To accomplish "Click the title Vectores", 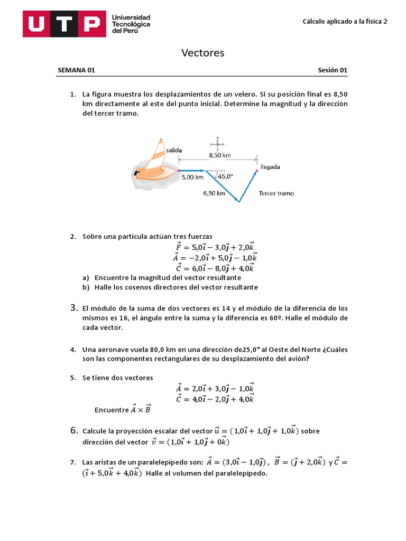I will (203, 53).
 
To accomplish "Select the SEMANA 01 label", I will (76, 70).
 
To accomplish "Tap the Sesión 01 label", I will (333, 70).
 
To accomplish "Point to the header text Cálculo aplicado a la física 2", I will (345, 22).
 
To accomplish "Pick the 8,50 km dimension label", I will (219, 155).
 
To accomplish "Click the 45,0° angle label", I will (225, 176).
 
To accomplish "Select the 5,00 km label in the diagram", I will (192, 178).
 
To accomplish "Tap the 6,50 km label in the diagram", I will (214, 193).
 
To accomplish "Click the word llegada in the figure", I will (270, 167).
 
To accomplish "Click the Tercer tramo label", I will (276, 193).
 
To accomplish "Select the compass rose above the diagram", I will (217, 144).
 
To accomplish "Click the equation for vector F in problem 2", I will (215, 247).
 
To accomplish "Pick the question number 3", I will (75, 307).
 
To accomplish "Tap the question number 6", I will (75, 431).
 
